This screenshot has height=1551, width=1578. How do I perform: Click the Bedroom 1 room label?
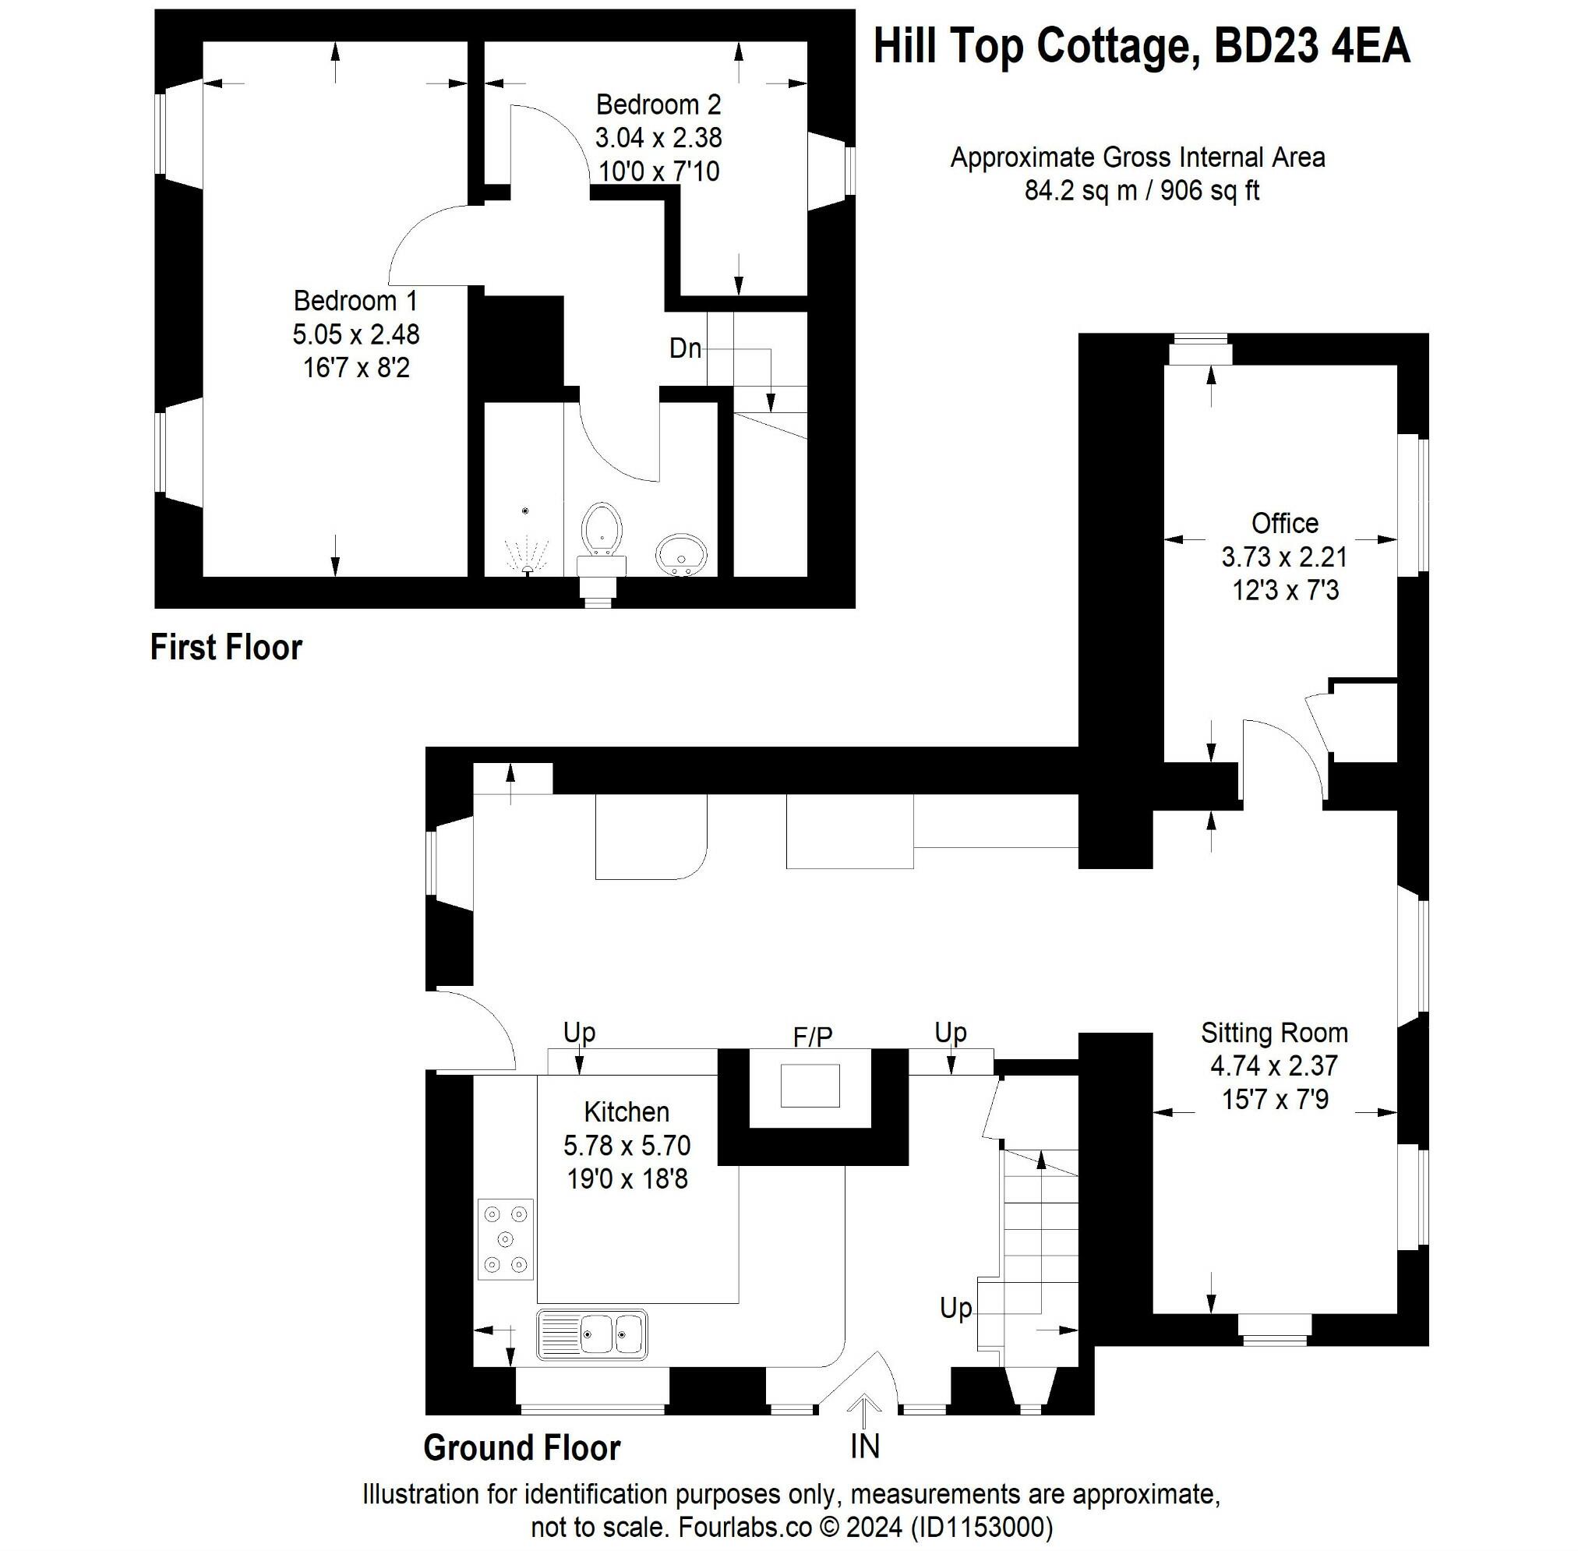355,301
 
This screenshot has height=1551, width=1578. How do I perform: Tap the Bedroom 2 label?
658,104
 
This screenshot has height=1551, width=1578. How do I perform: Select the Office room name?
1284,522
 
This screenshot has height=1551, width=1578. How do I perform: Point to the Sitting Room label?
1273,1032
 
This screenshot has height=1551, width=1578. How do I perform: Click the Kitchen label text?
627,1111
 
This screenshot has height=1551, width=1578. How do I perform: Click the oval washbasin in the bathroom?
682,554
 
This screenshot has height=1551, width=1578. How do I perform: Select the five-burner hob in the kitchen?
505,1239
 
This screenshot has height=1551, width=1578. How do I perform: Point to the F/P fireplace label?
812,1036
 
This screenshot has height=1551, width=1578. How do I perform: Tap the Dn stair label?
684,348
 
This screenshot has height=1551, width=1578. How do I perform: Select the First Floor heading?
226,648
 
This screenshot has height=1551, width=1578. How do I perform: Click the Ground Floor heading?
521,1447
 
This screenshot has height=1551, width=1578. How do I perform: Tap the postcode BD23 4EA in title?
1311,47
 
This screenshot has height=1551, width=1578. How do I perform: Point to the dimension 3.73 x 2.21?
1284,556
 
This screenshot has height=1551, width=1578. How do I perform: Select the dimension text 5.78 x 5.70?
627,1146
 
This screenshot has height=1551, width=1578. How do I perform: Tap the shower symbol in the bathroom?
525,553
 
